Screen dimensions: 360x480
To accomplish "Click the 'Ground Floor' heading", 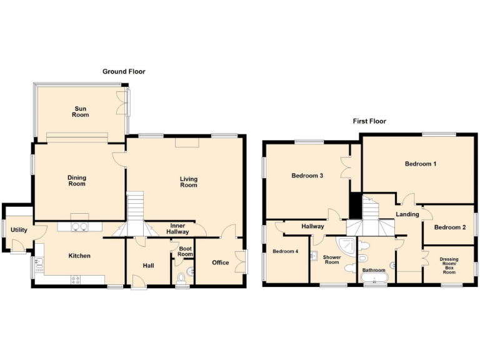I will pos(124,72).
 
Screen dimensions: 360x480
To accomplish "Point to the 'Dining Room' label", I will pos(77,181).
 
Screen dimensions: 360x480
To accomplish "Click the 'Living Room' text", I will pos(188,182).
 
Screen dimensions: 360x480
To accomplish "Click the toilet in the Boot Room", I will pos(182,277).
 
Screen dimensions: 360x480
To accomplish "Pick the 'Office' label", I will pos(220,262).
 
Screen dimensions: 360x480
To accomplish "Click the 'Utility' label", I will pos(19,230).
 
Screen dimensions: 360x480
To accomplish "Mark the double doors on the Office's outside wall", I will pos(242,261).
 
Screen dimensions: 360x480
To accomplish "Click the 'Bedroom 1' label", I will pos(420,164).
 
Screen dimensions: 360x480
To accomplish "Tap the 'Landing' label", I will pos(407,214).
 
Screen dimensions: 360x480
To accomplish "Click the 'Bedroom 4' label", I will pos(285,251).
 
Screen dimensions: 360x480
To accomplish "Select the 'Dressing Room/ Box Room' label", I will pos(449,263).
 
